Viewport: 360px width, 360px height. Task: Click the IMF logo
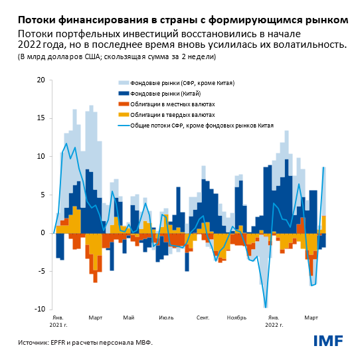click(328, 341)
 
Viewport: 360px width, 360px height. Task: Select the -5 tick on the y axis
click(41, 271)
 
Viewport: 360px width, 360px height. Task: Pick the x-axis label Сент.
click(203, 317)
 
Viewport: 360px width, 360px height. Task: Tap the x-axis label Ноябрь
click(236, 317)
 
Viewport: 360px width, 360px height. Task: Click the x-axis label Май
click(129, 317)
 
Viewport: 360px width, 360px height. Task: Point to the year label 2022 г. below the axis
click(274, 325)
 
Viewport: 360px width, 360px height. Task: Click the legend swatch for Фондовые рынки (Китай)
click(123, 94)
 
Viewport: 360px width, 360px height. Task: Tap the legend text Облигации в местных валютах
click(172, 105)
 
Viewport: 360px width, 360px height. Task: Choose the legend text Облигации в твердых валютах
click(173, 115)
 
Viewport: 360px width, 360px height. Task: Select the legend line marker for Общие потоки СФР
click(123, 125)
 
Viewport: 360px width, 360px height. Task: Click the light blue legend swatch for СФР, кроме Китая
click(123, 84)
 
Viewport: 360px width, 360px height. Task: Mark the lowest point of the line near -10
click(266, 308)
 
